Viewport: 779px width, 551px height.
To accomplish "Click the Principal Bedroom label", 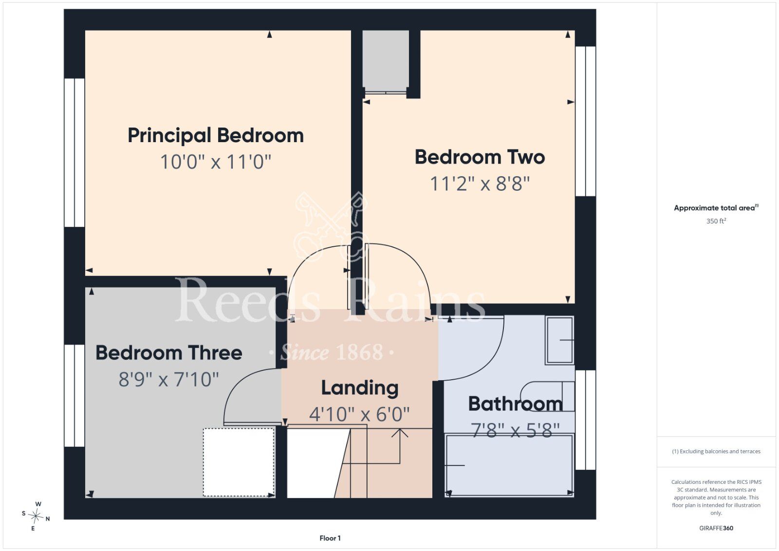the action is (216, 136).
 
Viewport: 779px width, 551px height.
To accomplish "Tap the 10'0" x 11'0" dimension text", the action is (216, 162).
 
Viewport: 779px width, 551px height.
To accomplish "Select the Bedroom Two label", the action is (480, 157).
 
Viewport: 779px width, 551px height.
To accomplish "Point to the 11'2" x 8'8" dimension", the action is (480, 184).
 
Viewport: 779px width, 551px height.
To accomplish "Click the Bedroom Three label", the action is (169, 353).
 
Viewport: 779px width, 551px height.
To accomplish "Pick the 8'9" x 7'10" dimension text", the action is (169, 379).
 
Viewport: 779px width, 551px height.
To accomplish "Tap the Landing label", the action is (360, 388).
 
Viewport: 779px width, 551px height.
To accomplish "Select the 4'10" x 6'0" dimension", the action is (360, 414).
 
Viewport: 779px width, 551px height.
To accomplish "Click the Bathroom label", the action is (516, 404).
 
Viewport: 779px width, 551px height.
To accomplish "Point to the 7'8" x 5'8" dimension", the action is (516, 430).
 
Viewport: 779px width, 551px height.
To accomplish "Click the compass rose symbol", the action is (36, 516).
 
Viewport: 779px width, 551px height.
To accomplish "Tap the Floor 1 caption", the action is (330, 538).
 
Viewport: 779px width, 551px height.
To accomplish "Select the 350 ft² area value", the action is (716, 221).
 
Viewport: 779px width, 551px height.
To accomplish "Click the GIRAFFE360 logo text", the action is (716, 528).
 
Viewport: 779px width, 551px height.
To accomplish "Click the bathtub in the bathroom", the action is (509, 465).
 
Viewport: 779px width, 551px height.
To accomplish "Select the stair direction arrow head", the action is (400, 432).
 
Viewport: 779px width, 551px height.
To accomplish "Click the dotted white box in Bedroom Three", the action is (239, 462).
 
